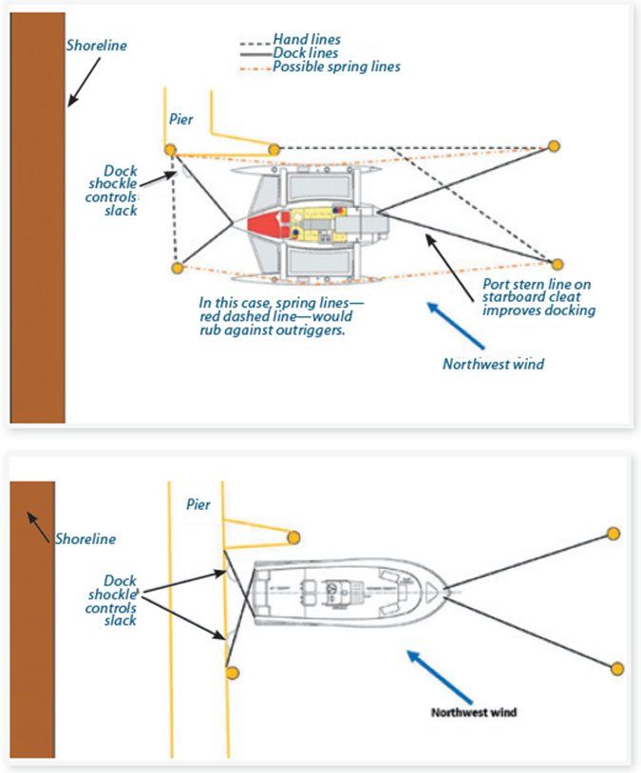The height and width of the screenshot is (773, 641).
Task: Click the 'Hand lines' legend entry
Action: [306, 40]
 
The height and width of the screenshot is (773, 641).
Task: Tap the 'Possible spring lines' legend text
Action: [336, 67]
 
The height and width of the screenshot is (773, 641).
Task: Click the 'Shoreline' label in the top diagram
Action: [96, 45]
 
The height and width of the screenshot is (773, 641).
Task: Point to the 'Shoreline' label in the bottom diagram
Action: [85, 538]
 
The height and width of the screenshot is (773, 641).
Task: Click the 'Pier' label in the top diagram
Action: [181, 119]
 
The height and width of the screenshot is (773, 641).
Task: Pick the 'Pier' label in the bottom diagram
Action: [198, 504]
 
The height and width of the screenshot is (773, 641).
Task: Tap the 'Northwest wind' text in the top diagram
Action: [493, 364]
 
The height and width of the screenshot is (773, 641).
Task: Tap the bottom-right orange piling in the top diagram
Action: [557, 265]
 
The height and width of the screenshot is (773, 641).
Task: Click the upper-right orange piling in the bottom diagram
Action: [613, 533]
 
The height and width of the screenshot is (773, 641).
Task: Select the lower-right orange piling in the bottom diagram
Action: [617, 668]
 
